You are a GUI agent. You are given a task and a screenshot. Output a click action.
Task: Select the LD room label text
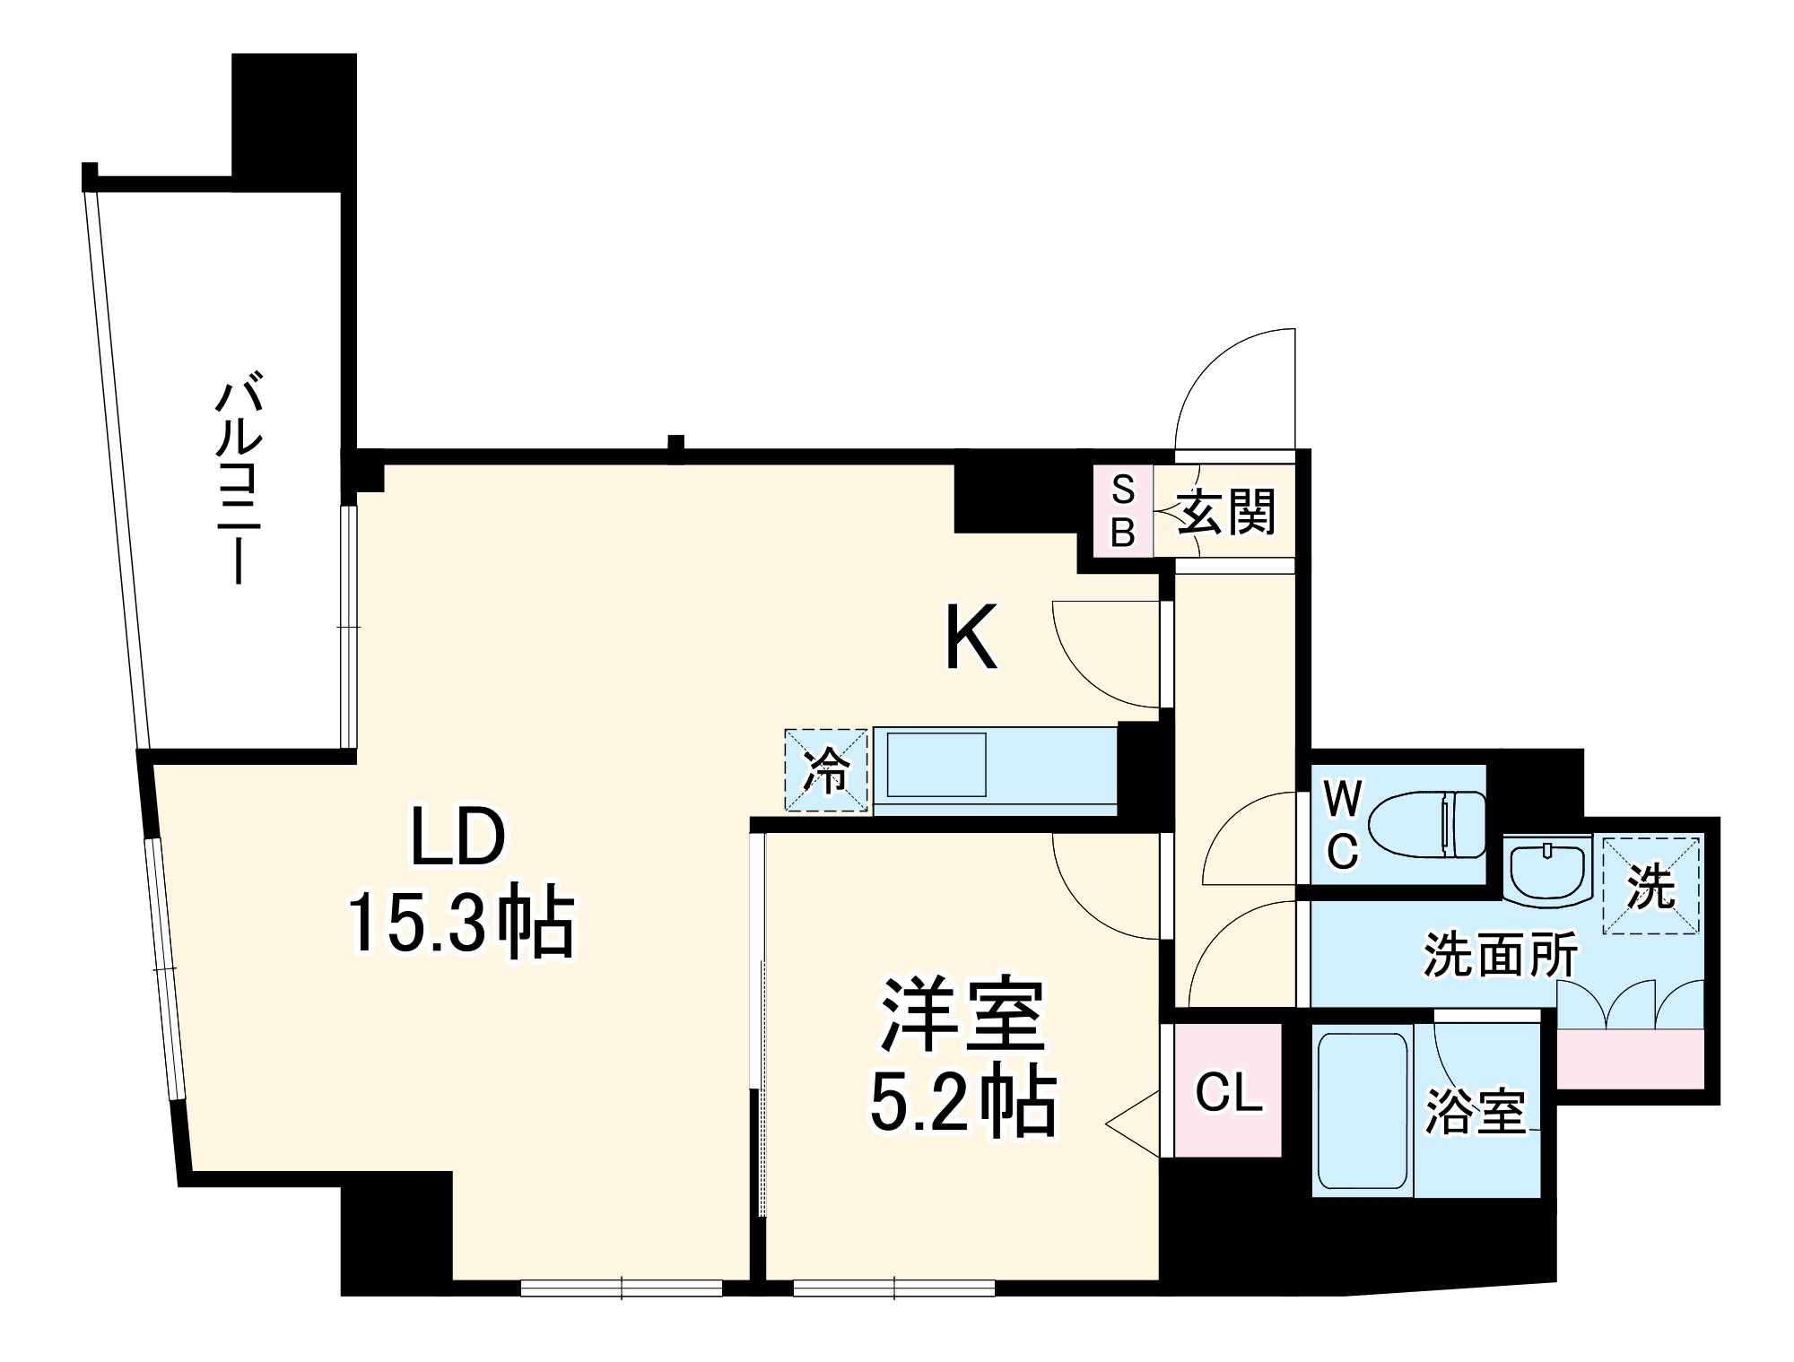(458, 837)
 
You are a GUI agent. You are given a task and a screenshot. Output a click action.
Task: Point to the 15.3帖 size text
(461, 922)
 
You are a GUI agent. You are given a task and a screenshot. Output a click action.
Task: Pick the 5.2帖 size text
(963, 1102)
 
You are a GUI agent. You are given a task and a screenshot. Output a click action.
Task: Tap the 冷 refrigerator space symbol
(826, 770)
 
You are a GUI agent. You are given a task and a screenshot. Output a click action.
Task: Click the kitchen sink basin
(936, 765)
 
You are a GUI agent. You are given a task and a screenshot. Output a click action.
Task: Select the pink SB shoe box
(1123, 511)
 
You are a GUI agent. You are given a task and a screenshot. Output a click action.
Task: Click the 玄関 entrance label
(1226, 512)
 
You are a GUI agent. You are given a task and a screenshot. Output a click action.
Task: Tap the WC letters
(1343, 825)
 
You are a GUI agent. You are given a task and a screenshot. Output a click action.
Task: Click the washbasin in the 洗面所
(1548, 871)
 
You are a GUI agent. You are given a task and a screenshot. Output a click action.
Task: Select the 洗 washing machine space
(1650, 886)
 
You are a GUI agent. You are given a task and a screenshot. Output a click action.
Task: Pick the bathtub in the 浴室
(1363, 1111)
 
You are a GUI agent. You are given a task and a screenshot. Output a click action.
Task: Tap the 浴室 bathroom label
(1476, 1112)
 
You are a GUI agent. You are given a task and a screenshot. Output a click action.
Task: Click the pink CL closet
(1228, 1091)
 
